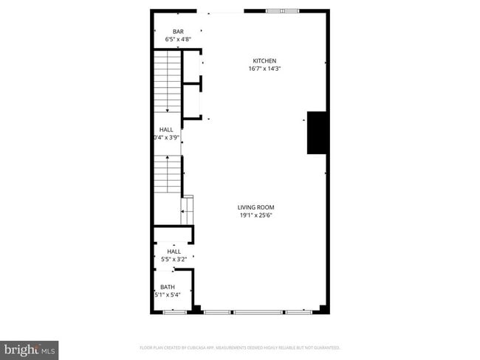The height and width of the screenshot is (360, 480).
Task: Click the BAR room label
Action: coord(169,31)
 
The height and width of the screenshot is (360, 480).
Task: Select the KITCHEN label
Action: coord(264,60)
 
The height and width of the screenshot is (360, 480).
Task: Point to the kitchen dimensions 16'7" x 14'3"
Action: coord(264,69)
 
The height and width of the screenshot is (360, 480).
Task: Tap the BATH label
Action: coord(168,287)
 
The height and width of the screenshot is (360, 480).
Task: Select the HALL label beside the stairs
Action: coord(166,128)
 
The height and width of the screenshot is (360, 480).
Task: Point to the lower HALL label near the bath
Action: coord(174,252)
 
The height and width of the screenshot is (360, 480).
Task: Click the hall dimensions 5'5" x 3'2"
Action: coord(174,259)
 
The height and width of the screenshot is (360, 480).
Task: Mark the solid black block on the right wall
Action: coord(317,133)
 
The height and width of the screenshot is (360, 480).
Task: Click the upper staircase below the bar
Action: coord(168,81)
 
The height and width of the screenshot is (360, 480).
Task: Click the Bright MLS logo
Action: coord(30,348)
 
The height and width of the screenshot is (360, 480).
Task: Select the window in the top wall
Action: coord(284,10)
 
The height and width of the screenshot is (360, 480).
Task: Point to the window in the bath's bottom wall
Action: coord(174,312)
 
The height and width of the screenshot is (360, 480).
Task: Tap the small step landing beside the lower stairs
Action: coord(188,210)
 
